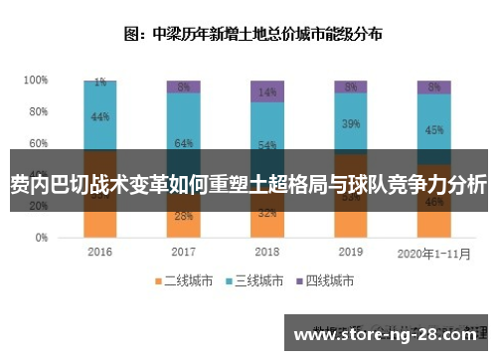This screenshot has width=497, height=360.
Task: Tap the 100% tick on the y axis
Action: [x=36, y=80]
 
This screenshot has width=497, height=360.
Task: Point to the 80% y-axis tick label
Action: [x=38, y=111]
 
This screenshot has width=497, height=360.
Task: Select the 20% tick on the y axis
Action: [x=38, y=207]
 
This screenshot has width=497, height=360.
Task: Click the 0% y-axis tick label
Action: [x=41, y=239]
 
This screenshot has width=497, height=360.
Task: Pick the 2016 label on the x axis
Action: [x=99, y=253]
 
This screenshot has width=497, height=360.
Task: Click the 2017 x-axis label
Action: [x=183, y=253]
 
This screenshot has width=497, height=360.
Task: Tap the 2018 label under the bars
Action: [x=266, y=253]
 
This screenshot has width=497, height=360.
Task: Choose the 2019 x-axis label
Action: [x=350, y=253]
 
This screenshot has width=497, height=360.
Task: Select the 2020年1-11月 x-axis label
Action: [x=434, y=253]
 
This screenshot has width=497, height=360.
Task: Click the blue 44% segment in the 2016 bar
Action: [x=99, y=116]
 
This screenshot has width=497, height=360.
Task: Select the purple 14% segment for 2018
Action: [x=266, y=91]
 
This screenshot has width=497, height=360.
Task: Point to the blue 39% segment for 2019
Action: [x=350, y=123]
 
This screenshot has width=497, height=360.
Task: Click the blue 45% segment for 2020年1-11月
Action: [x=434, y=128]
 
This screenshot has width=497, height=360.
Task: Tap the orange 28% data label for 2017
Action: [x=183, y=216]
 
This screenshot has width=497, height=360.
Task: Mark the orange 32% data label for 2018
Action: [x=266, y=212]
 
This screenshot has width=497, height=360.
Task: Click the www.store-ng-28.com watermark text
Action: [x=390, y=335]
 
